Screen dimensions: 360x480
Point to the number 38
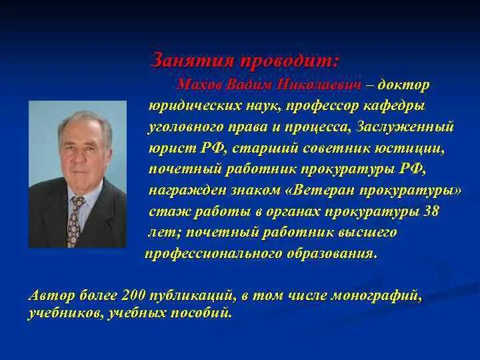click(432, 211)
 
